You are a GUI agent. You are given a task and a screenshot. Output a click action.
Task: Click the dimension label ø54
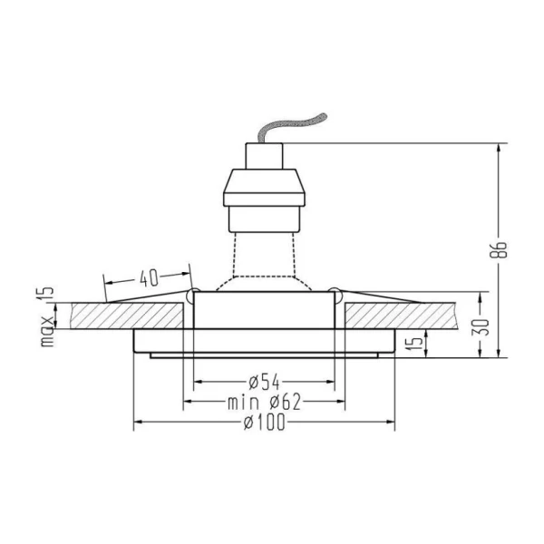(264, 381)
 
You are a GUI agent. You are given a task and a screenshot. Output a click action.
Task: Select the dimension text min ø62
(264, 402)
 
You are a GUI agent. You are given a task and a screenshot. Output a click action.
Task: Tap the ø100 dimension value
(264, 423)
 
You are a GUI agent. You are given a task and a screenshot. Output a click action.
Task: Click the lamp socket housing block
(264, 186)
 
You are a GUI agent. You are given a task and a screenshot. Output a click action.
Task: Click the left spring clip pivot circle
(192, 294)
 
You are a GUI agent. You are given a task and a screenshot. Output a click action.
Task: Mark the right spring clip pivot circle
(335, 294)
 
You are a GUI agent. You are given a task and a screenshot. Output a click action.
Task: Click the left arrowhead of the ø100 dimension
(139, 423)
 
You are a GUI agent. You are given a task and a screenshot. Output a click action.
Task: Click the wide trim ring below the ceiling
(264, 341)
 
